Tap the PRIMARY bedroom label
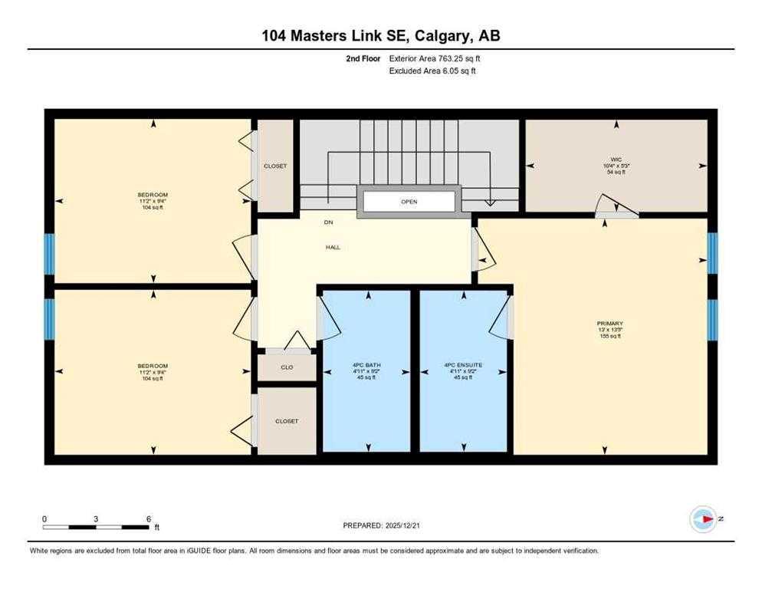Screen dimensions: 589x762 coord(610,324)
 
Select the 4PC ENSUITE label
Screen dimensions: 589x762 coord(463,365)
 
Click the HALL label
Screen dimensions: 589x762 coord(332,247)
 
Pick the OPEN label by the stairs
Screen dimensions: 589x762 coord(409,202)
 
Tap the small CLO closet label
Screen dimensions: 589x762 coord(287,367)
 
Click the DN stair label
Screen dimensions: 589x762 coord(328,222)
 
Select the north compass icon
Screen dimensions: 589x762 coord(703,519)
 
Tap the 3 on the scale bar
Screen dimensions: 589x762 coord(96,519)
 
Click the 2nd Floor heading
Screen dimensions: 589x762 coord(363,58)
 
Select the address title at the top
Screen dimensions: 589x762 coord(380,35)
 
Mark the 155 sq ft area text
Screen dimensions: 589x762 coord(610,336)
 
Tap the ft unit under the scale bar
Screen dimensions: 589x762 coord(156,528)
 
